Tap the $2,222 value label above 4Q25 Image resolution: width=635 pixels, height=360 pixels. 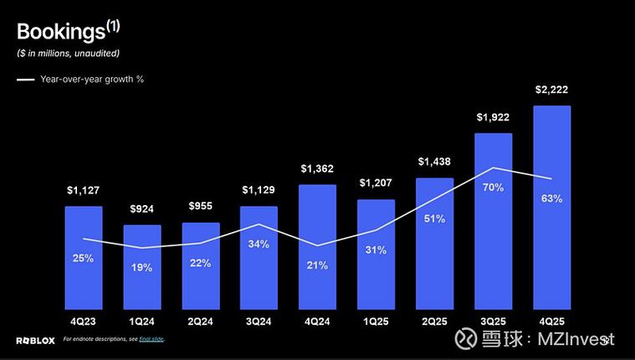(551, 90)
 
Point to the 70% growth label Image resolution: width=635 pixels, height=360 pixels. (493, 188)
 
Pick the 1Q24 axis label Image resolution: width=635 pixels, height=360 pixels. (142, 321)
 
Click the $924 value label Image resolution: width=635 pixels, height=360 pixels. (142, 208)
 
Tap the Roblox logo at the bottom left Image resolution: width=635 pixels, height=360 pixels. (34, 339)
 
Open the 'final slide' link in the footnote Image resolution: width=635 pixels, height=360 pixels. (151, 339)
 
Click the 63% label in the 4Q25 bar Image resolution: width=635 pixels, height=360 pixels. (551, 198)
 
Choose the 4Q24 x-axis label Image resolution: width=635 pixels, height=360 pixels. (317, 321)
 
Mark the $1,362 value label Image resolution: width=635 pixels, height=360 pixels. (317, 168)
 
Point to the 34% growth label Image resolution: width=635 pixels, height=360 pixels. (259, 244)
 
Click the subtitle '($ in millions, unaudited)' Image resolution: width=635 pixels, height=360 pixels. (69, 54)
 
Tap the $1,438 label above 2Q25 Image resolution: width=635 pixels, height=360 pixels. (434, 161)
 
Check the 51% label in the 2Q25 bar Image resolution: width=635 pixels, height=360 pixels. (434, 219)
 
